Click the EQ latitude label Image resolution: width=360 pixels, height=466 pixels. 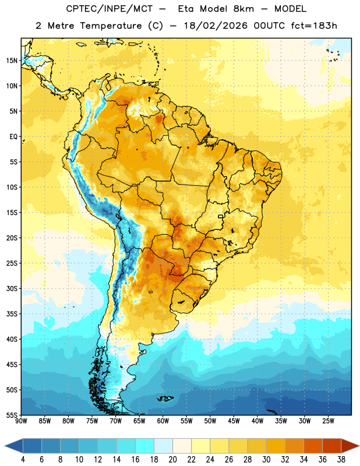(x=13, y=137)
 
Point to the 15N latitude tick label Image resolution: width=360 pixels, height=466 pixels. (x=12, y=61)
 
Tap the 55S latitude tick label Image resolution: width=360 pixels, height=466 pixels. (x=12, y=415)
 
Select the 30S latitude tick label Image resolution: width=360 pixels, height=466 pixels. (x=12, y=288)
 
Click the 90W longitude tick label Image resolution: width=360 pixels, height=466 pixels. (x=21, y=421)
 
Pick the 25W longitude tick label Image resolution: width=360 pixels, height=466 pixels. (x=328, y=421)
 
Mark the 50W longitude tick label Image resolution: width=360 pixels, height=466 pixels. (x=210, y=421)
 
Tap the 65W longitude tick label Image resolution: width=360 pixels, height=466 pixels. (x=139, y=421)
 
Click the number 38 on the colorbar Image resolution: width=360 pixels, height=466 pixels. (x=341, y=460)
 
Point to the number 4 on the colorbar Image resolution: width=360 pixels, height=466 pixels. (x=23, y=460)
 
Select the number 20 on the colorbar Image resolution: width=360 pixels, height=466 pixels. (x=172, y=460)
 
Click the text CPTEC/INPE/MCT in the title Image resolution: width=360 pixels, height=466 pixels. (x=110, y=9)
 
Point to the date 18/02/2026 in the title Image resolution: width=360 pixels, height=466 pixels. (x=216, y=26)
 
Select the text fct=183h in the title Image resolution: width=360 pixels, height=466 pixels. (x=314, y=26)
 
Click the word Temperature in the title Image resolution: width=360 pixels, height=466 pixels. (x=111, y=26)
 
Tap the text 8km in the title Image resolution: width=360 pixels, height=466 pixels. (x=243, y=9)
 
